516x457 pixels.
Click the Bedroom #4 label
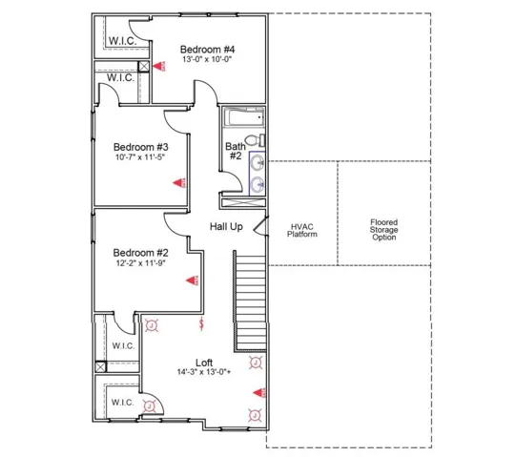point(207,50)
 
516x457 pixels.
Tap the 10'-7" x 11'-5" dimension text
point(140,157)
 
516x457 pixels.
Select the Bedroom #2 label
point(140,253)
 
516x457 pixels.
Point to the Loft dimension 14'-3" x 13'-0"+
point(204,372)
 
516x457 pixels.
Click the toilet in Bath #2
point(255,140)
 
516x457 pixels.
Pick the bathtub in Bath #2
point(244,117)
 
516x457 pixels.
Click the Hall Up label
point(226,226)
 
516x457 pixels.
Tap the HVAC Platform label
point(302,231)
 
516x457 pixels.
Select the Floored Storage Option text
point(383,230)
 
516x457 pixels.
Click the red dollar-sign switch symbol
point(202,323)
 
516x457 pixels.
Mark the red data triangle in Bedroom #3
point(179,183)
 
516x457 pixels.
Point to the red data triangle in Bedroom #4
point(159,66)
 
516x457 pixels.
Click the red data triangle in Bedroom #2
point(192,280)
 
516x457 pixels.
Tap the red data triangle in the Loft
point(259,392)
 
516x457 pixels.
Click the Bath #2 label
point(236,151)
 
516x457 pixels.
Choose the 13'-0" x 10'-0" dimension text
point(207,59)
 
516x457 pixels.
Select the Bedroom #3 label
point(141,147)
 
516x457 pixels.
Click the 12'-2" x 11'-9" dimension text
point(140,263)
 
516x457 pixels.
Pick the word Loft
point(204,363)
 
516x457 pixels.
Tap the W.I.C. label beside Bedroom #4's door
point(122,41)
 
